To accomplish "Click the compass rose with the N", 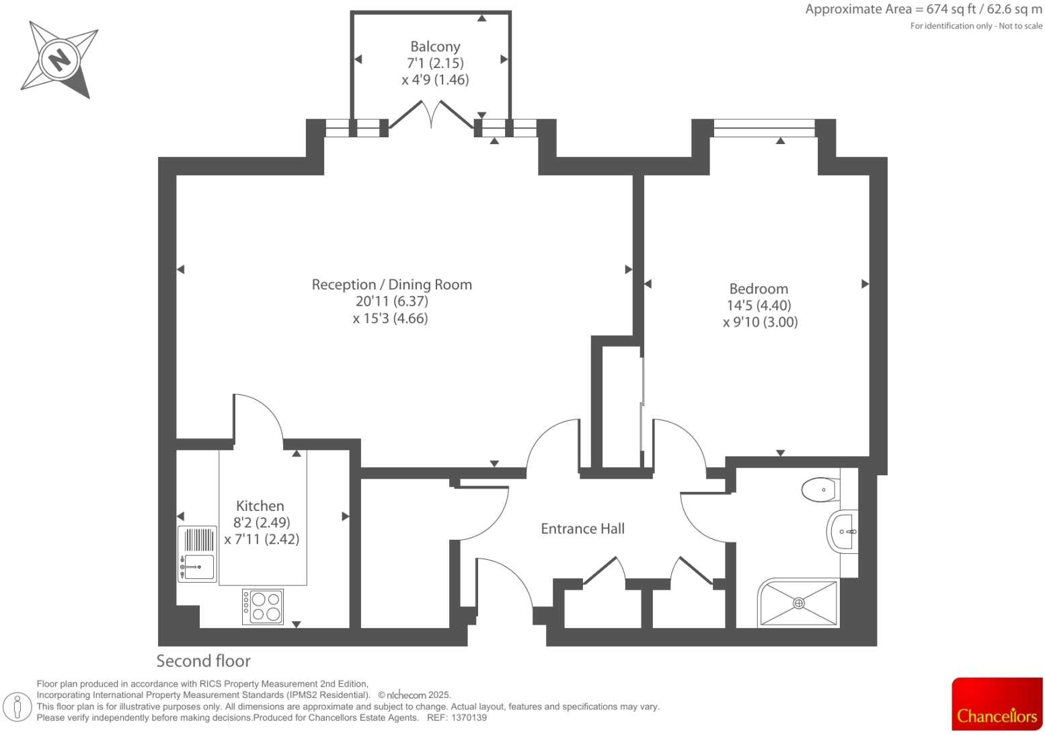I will coord(59,60).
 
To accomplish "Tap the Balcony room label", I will coord(435,46).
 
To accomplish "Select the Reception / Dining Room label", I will coord(391,285).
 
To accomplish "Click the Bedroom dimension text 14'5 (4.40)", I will coord(759,306).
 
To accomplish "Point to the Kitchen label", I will coord(260,506).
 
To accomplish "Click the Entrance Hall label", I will coord(582,529).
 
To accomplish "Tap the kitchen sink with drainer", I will coord(197,554).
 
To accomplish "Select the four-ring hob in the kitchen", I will coord(263,606).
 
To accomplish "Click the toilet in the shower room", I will coord(820,489).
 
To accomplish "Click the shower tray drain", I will coord(799,603).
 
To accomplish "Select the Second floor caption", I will coord(203,661).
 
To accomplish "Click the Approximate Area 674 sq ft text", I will coord(923,9).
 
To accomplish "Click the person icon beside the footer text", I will coord(18,707).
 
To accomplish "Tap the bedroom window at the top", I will coord(763,127).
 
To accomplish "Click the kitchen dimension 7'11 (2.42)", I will coord(262,539).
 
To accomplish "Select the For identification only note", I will coord(976,26).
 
